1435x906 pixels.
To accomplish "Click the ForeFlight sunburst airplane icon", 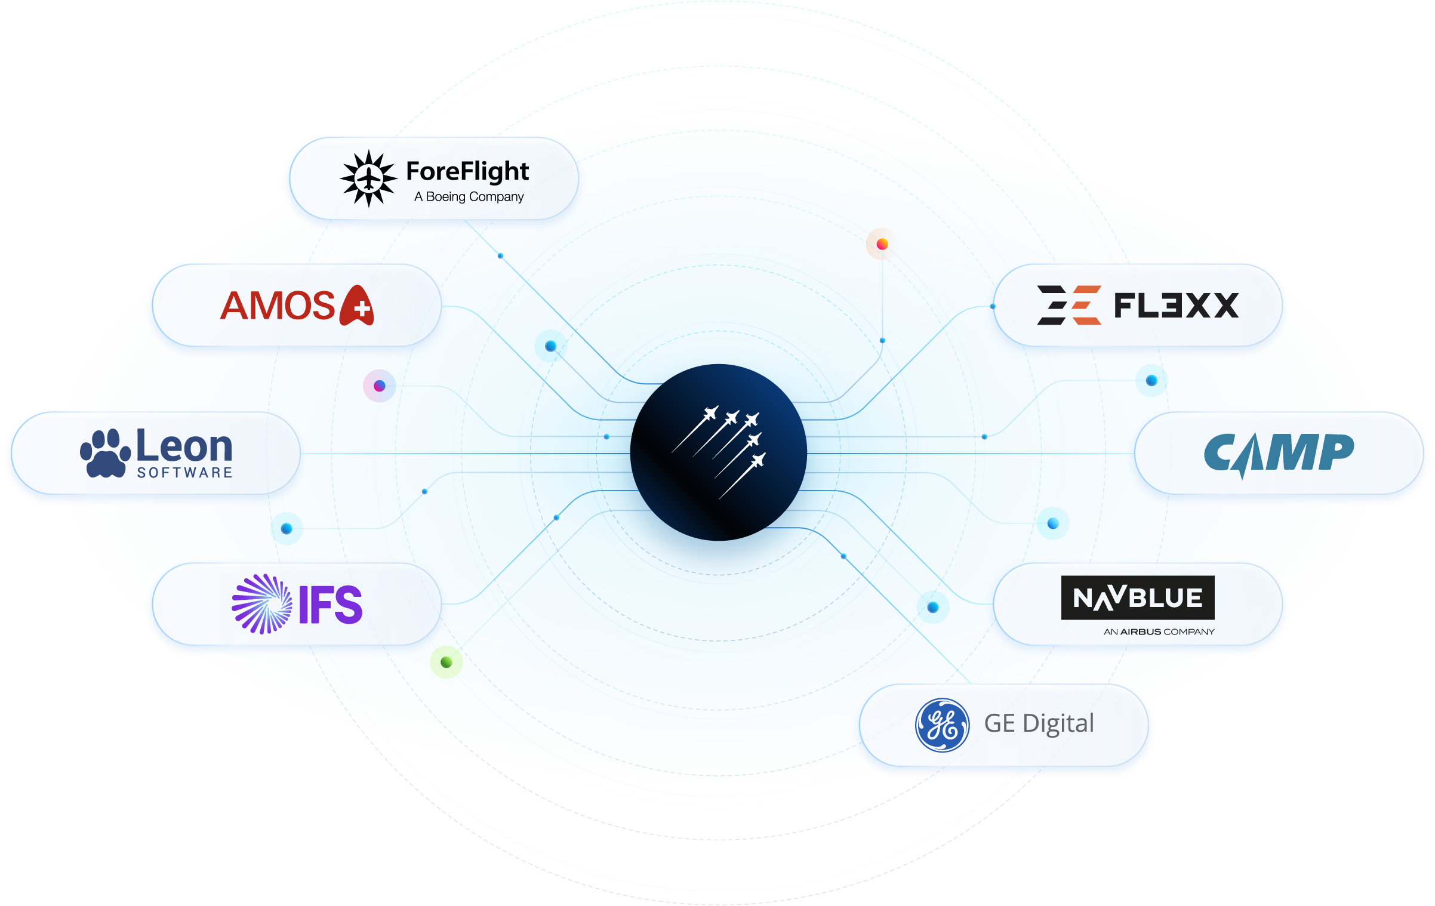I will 368,178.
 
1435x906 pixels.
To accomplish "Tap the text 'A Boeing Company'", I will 469,197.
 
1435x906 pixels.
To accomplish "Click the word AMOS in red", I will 278,306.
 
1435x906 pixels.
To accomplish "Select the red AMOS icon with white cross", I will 357,306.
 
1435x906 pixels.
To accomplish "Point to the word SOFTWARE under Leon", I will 184,473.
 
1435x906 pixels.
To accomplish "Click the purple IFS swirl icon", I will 261,604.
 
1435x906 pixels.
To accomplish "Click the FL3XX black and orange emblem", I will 1068,305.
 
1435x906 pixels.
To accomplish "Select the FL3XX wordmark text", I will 1176,306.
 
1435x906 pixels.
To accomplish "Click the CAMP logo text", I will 1279,454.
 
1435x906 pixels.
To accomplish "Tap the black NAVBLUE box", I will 1138,597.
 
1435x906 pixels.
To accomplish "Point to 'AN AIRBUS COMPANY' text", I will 1159,632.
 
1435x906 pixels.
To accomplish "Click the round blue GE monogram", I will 942,725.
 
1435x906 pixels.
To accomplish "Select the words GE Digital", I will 1039,723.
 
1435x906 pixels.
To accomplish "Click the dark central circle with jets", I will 719,452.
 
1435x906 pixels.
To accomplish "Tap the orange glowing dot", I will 882,244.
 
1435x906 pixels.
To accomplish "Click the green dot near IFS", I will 446,662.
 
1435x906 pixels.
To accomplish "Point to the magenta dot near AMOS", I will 379,386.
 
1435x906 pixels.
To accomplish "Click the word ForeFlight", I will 467,171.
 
